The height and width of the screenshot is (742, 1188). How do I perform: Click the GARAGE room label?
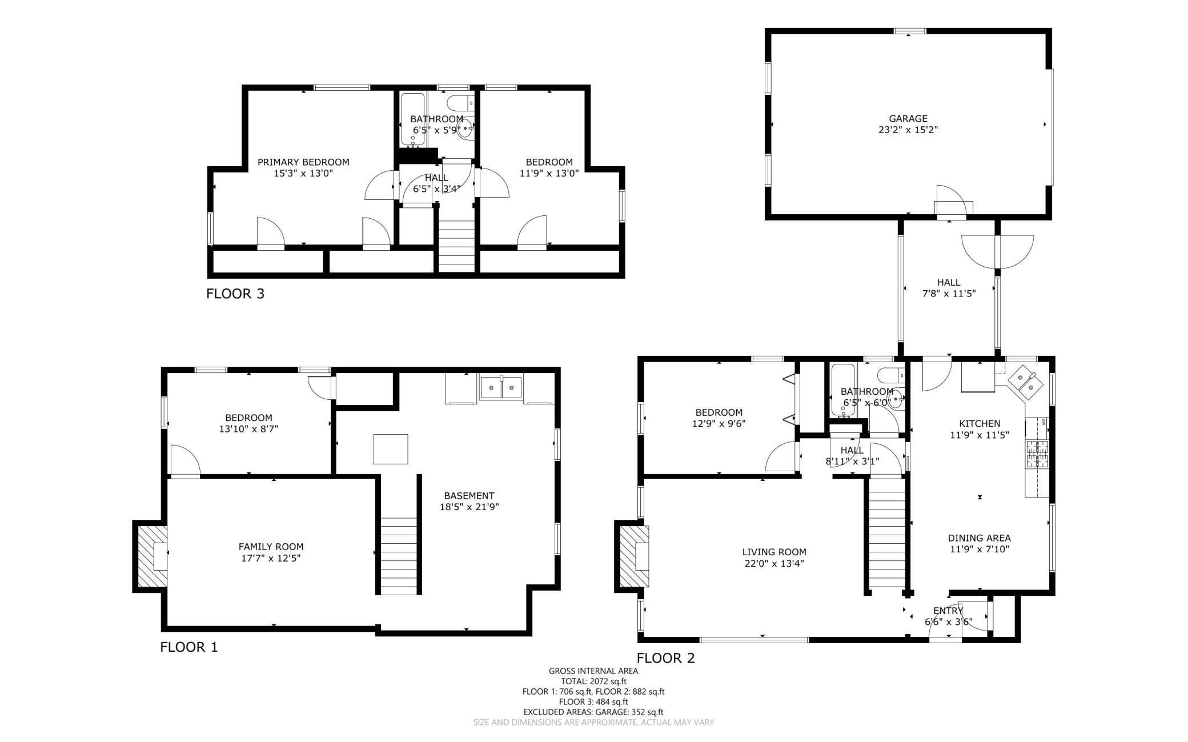click(908, 119)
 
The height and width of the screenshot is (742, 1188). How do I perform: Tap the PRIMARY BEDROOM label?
click(303, 162)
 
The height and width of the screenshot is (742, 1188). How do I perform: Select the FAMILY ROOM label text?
click(271, 547)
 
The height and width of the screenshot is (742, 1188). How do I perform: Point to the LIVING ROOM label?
click(774, 552)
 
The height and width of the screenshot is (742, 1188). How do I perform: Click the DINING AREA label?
click(979, 538)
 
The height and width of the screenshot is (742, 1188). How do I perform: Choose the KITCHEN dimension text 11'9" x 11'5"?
click(979, 435)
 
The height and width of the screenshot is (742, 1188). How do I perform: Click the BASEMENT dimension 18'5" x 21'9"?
click(469, 507)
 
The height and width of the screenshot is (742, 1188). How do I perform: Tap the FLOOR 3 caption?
click(235, 294)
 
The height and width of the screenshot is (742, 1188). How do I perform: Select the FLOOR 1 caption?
click(189, 647)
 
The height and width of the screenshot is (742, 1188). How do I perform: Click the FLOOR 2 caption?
click(665, 658)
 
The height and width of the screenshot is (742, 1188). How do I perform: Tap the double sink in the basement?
click(501, 388)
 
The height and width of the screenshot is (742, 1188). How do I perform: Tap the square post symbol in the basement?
click(391, 449)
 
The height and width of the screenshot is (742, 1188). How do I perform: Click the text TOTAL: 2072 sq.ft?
click(593, 681)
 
